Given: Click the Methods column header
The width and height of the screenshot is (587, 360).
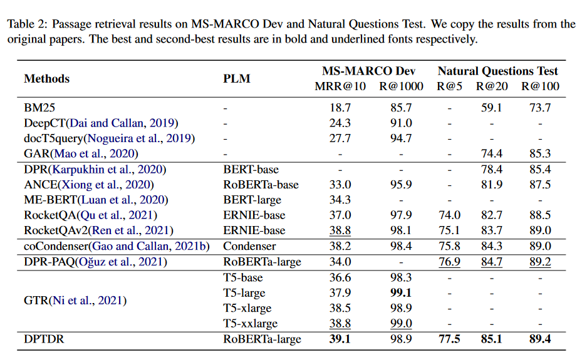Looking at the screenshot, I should tap(46, 79).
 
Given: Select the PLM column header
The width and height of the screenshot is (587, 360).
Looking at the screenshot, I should tap(236, 79).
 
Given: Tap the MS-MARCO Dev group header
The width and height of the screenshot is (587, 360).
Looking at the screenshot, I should tap(368, 71).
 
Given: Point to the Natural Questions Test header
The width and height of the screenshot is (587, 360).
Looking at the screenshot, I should tap(497, 71).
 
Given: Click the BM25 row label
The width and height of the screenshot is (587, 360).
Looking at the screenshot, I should tap(40, 108).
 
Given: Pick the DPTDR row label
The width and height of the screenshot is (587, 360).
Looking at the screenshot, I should tap(44, 339).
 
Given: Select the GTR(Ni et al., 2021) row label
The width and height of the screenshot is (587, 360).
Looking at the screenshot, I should tap(75, 301).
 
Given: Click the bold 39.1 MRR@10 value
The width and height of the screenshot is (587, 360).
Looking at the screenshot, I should tap(340, 339).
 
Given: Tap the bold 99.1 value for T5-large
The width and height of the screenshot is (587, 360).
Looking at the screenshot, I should tap(401, 293).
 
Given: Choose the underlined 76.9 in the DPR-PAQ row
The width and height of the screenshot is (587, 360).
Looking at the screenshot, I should tap(449, 262).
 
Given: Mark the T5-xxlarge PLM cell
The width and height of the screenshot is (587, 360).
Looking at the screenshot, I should tap(251, 324).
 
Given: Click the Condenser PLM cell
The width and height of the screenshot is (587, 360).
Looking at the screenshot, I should tap(249, 246).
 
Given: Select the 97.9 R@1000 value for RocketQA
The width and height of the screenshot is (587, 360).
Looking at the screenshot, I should tap(401, 215).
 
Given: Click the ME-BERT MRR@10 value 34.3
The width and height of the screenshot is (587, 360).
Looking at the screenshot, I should tap(340, 200).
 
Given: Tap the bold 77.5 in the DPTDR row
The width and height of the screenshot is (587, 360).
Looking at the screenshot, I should tap(449, 339).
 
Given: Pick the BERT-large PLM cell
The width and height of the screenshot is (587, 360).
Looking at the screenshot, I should tap(251, 200).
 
